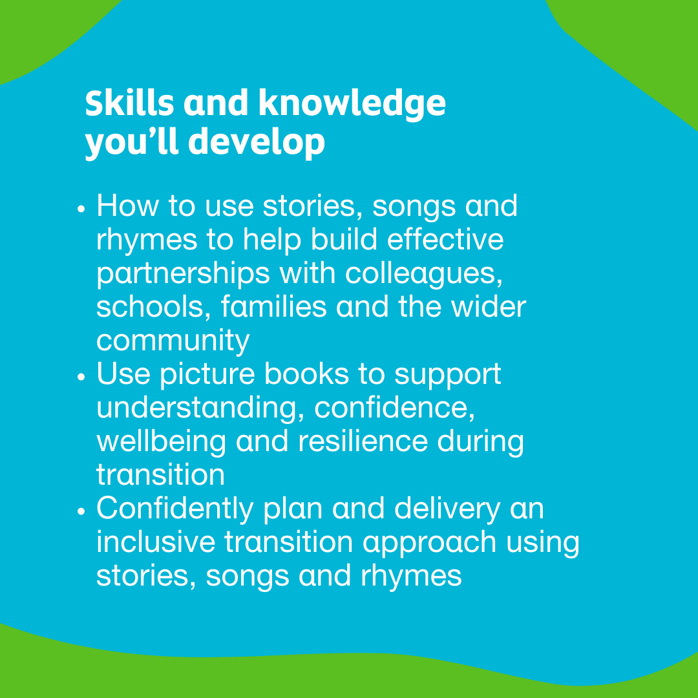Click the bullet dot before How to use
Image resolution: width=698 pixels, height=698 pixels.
point(81,211)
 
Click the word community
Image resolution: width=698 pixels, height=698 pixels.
point(173,341)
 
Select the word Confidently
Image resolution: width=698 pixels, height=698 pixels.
point(176,509)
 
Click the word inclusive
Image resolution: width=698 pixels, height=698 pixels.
point(155,542)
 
